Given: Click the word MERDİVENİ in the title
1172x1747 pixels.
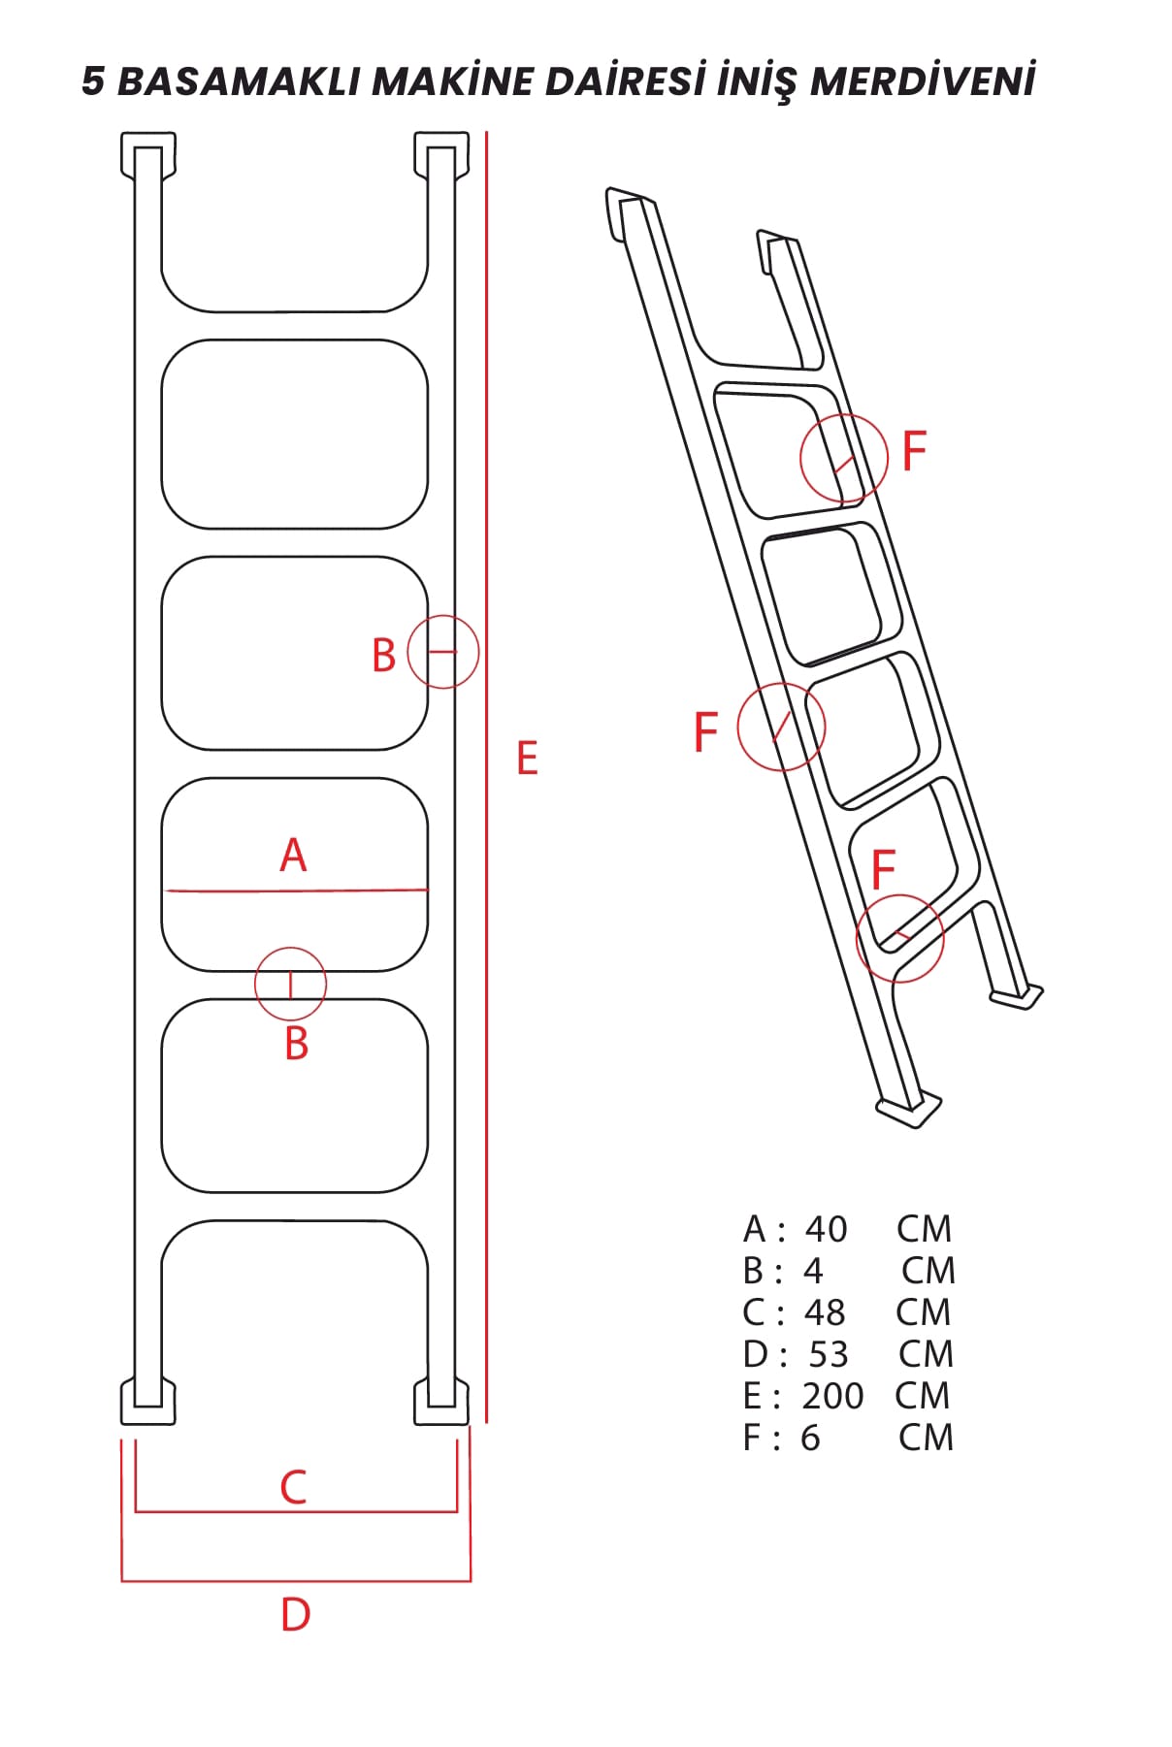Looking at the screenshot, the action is click(x=923, y=81).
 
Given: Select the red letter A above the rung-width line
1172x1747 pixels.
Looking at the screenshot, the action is click(x=293, y=856).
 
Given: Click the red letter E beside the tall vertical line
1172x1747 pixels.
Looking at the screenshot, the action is click(x=527, y=758).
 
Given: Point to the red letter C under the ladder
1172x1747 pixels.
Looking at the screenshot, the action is click(x=293, y=1487).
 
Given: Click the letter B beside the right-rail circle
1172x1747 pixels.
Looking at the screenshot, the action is click(x=384, y=656).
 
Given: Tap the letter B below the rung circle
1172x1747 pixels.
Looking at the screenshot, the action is click(x=297, y=1044).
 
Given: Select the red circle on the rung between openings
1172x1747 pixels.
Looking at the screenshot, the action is click(x=290, y=948).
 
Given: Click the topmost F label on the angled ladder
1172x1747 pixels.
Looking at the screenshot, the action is click(x=914, y=451).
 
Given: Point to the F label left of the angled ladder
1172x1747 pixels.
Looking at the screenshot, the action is click(x=705, y=731).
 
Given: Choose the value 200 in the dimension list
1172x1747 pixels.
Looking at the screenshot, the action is click(x=832, y=1396).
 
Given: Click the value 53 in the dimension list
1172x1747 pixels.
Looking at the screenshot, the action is click(x=829, y=1354).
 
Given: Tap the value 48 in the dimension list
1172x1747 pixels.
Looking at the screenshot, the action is click(x=825, y=1312).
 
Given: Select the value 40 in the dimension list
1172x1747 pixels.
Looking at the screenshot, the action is click(x=827, y=1229).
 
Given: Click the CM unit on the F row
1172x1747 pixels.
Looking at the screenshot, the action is click(x=926, y=1438).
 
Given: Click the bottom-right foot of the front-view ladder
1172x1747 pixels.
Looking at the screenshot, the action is click(x=441, y=1402).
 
